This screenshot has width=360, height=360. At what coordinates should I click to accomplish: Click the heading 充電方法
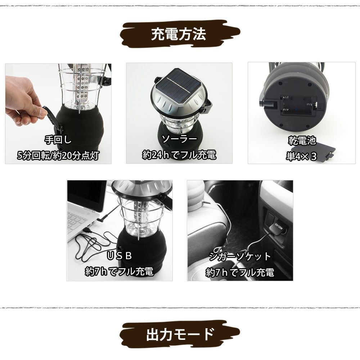tap(179, 34)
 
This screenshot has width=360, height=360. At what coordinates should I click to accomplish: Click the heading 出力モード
tap(180, 334)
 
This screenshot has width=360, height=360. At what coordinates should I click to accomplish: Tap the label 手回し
tap(58, 140)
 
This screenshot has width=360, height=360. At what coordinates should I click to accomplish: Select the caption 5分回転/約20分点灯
tap(58, 156)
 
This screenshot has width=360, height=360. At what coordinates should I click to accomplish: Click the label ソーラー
tap(179, 139)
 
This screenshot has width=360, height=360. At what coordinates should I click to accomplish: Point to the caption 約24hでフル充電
tap(179, 155)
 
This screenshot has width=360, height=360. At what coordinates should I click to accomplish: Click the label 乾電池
tap(302, 140)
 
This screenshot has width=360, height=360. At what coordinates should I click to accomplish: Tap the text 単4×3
tap(301, 156)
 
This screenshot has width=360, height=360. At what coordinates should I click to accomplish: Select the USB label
tap(120, 256)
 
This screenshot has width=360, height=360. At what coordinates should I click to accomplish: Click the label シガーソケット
tap(240, 256)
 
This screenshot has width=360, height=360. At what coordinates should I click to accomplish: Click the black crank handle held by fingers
tap(51, 117)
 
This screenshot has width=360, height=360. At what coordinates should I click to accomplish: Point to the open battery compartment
tap(297, 106)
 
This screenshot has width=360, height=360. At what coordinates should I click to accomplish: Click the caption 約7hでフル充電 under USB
tap(120, 271)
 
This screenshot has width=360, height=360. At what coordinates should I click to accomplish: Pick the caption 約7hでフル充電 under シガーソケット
tap(240, 272)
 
